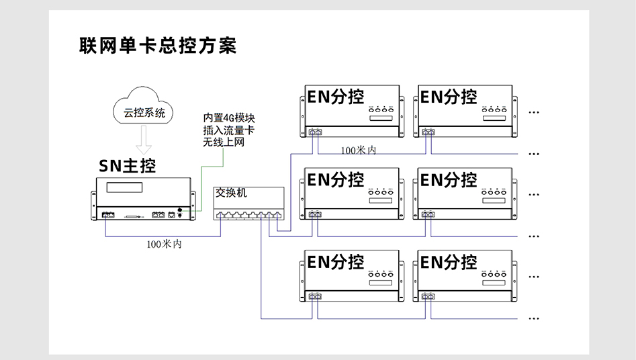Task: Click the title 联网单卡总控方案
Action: (x=158, y=46)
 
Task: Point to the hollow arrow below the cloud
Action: (x=144, y=140)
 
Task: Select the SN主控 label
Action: (x=127, y=167)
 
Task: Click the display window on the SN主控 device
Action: (x=130, y=188)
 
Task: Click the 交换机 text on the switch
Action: (x=231, y=193)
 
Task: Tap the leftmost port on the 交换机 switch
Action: (x=220, y=216)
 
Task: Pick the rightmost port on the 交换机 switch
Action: (x=278, y=216)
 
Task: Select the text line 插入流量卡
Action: (x=228, y=130)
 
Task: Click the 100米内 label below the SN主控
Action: (x=164, y=244)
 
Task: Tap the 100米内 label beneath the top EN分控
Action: (x=358, y=150)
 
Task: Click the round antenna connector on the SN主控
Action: (x=180, y=210)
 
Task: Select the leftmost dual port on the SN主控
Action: (x=108, y=216)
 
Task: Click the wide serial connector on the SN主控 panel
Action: (x=134, y=217)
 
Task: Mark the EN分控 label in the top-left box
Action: (x=336, y=97)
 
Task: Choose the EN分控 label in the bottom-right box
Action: (x=449, y=262)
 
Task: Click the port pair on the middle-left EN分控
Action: (x=314, y=215)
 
